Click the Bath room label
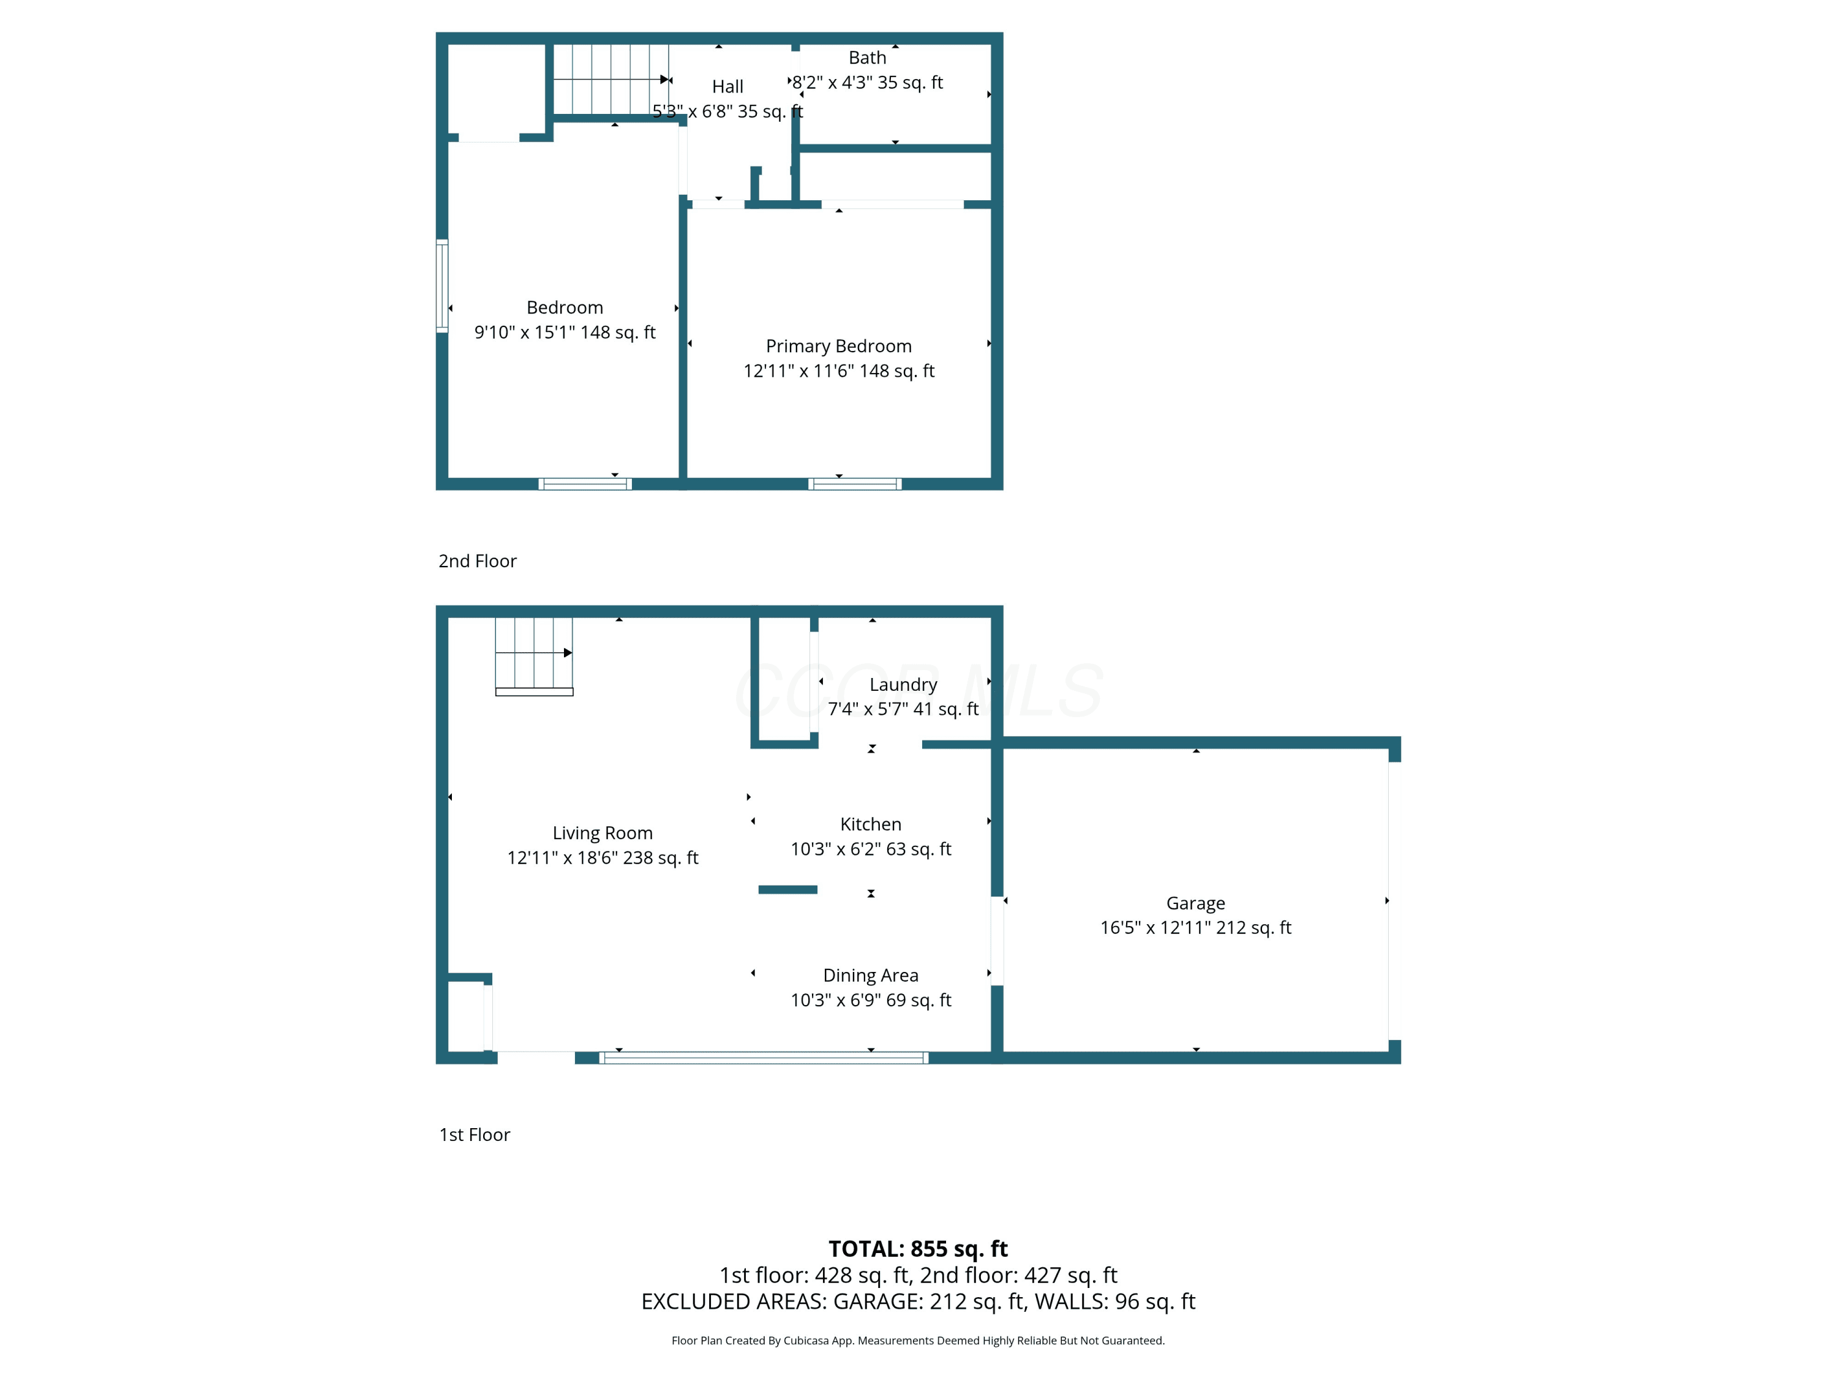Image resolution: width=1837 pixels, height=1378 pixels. [x=867, y=58]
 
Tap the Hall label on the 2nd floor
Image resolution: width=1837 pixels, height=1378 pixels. [x=727, y=86]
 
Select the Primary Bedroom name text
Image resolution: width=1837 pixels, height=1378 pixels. [x=839, y=345]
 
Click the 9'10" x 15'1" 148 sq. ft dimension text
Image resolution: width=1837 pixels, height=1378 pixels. [x=565, y=332]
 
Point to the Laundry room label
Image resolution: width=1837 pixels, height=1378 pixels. [x=904, y=685]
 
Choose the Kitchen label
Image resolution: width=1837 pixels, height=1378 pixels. [x=870, y=824]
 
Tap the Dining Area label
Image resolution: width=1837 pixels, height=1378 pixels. [x=870, y=975]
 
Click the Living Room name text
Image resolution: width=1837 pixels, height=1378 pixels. [x=603, y=833]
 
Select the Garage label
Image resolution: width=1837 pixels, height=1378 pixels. [x=1196, y=903]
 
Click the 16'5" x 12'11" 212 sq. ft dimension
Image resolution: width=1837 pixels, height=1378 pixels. [x=1196, y=928]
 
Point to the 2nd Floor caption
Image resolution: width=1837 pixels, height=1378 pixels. [x=478, y=560]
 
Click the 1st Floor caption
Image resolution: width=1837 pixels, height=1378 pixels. [x=474, y=1135]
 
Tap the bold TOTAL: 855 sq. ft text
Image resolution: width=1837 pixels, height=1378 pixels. [x=918, y=1248]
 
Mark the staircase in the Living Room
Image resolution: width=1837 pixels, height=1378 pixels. [x=534, y=656]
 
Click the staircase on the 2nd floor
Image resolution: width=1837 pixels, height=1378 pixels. [x=611, y=79]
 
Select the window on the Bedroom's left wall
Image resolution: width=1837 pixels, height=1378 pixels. [x=443, y=287]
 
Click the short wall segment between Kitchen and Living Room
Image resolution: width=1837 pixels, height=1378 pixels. [x=788, y=890]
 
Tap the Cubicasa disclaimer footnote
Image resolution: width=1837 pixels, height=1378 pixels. [x=918, y=1341]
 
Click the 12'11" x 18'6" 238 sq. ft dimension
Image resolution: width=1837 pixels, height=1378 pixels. [x=603, y=858]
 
